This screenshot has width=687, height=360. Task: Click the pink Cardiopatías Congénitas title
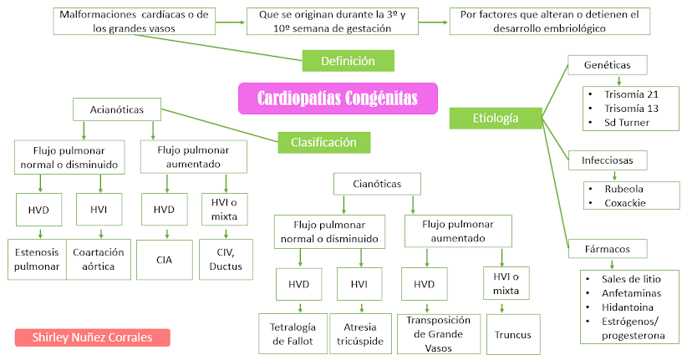[x=338, y=98]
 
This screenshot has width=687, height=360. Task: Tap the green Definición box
[x=348, y=61]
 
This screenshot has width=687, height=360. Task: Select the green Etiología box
[x=496, y=119]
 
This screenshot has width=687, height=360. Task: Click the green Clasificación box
[x=323, y=142]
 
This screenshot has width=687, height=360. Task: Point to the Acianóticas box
[x=117, y=109]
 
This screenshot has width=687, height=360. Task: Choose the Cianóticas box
[x=377, y=184]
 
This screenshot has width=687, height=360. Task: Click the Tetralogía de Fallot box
[x=293, y=334]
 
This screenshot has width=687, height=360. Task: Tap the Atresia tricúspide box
[x=360, y=334]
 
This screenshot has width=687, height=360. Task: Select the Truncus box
[x=513, y=335]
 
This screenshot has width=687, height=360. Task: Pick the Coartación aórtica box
[x=99, y=259]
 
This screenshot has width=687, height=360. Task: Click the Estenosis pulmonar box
[x=38, y=259]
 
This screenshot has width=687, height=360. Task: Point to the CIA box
[x=165, y=260]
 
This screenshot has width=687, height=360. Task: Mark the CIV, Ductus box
[x=226, y=259]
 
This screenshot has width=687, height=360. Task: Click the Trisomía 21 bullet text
[x=631, y=94]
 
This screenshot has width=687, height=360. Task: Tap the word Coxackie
[x=625, y=203]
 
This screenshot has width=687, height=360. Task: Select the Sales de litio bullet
[x=631, y=279]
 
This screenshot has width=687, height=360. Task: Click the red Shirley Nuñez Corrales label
[x=93, y=337]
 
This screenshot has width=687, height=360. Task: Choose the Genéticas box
[x=608, y=65]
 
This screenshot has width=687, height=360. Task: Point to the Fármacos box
[x=608, y=249]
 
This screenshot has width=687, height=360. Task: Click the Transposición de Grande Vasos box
[x=439, y=334]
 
